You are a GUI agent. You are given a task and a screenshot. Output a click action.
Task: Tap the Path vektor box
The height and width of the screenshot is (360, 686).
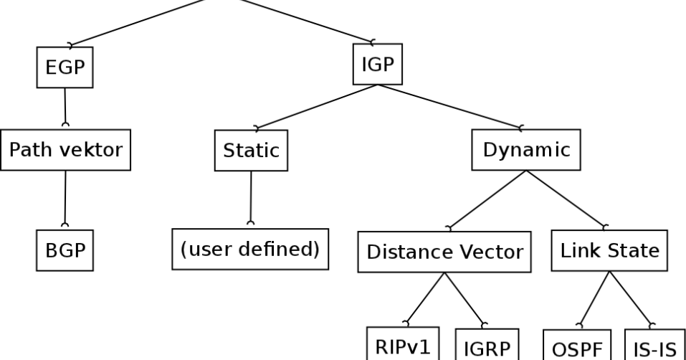(x=65, y=150)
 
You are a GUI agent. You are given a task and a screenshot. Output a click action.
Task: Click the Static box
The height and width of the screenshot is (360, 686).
(x=251, y=151)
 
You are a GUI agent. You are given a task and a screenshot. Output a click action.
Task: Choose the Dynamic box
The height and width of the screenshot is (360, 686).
(x=526, y=151)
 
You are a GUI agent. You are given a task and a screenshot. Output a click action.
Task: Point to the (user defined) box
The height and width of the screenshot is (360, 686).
(x=250, y=250)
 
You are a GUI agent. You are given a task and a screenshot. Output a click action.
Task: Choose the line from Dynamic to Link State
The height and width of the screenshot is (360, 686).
(x=566, y=200)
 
